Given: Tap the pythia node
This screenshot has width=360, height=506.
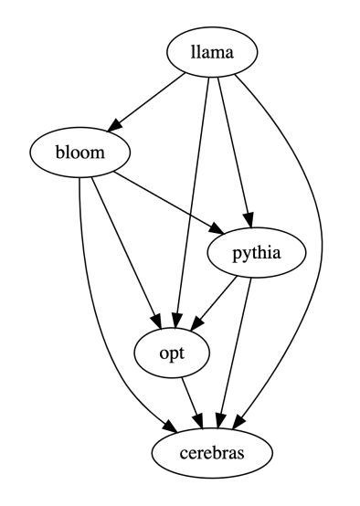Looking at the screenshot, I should [254, 256].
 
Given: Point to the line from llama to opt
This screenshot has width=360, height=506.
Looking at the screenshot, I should [194, 201].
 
